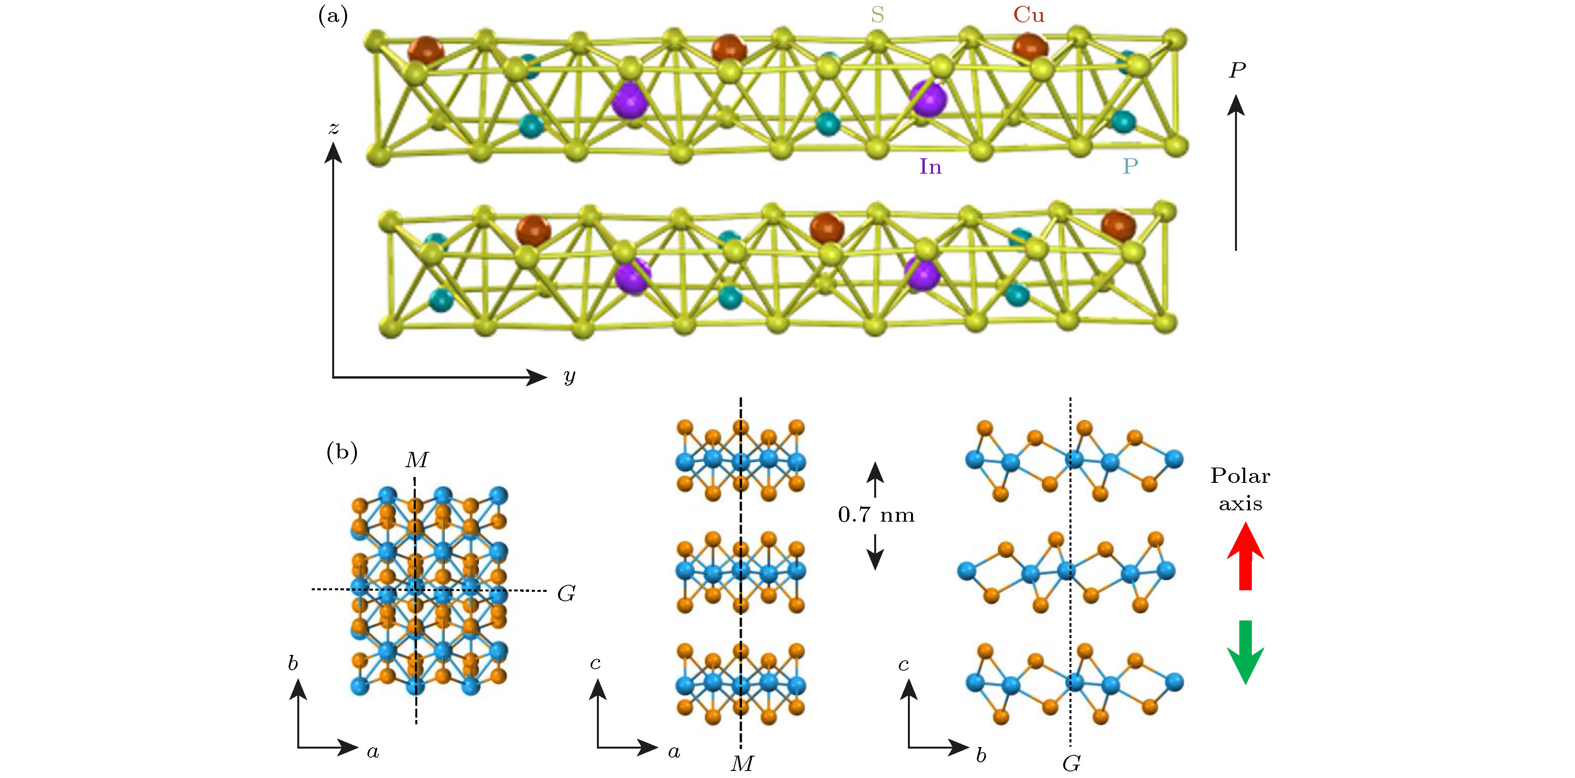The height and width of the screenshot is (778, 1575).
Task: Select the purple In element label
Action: coord(930,166)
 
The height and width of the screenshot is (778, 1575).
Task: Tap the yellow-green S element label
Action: coord(877,15)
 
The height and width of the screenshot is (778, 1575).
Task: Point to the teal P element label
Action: coord(1130,166)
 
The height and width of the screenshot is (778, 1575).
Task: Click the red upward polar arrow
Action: coord(1246,556)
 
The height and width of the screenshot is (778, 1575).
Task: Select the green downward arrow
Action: coord(1246,651)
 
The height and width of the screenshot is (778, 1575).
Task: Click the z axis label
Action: coord(333,128)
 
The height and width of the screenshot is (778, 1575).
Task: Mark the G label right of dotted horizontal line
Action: coord(566,593)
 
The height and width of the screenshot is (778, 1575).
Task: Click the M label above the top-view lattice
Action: coord(417,460)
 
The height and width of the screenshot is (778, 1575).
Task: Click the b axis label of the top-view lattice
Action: coord(293,663)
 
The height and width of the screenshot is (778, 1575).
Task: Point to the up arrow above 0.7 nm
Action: coord(875,479)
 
